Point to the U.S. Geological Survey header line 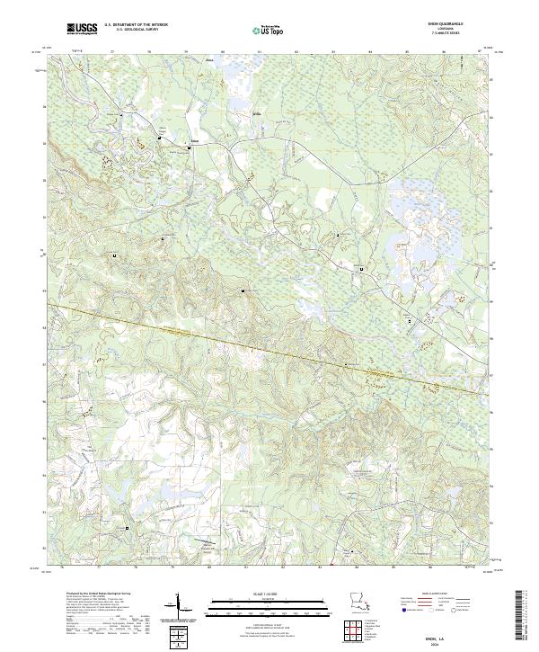(x=136, y=31)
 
